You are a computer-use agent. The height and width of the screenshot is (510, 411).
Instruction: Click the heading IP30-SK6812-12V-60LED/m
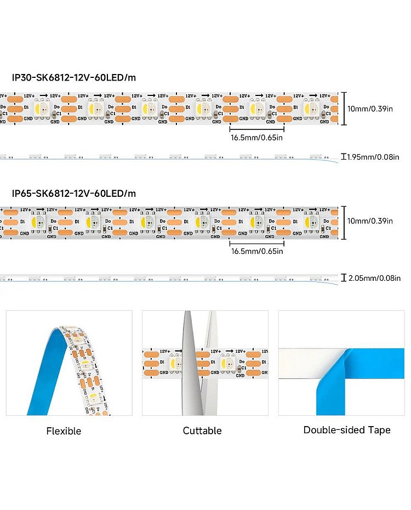(x=74, y=77)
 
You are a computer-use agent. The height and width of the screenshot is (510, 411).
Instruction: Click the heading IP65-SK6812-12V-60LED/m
(x=74, y=193)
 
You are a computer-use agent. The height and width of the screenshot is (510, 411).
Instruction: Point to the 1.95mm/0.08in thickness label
(x=378, y=157)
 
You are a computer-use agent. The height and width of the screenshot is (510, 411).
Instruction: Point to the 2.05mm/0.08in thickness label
(x=378, y=279)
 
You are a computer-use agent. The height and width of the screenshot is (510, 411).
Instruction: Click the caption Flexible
(x=64, y=431)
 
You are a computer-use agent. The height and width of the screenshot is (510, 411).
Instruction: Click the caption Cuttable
(x=202, y=430)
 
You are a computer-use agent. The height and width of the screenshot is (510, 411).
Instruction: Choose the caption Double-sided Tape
(x=347, y=430)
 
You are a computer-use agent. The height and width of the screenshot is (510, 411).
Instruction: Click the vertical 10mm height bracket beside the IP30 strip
(x=344, y=108)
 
